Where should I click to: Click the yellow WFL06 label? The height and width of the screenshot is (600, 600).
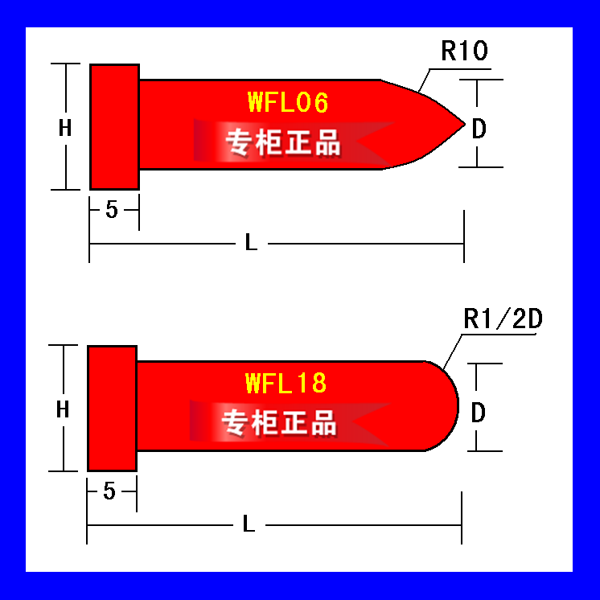point(288,102)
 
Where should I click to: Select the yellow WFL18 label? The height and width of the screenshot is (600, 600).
point(286,383)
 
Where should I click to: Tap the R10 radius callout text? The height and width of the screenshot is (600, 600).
point(465,51)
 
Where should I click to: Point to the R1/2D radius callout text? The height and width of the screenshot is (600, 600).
point(503,318)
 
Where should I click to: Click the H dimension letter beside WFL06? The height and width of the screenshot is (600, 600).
point(65,128)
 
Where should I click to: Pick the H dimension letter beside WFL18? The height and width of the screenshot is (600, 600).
point(63,409)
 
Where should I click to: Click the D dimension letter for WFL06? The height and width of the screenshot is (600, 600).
point(479,129)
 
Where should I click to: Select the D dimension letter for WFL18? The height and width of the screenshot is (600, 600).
point(478,413)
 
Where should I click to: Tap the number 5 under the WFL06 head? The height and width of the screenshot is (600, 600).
point(112,210)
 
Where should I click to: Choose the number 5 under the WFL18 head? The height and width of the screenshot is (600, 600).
point(109,491)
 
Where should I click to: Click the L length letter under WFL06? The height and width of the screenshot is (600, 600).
point(251,243)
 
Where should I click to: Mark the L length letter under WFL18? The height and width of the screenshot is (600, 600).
point(249,524)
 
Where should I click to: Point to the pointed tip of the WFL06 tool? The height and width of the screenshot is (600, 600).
point(465,124)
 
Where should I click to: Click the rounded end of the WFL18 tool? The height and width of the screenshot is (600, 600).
point(458,406)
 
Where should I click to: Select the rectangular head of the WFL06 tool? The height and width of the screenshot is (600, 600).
point(114,126)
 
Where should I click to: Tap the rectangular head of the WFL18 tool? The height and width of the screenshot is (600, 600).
point(112,409)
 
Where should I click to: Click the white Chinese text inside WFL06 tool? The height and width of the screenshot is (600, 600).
point(283,142)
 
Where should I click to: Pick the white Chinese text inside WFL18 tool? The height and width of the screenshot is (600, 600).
point(279,422)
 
